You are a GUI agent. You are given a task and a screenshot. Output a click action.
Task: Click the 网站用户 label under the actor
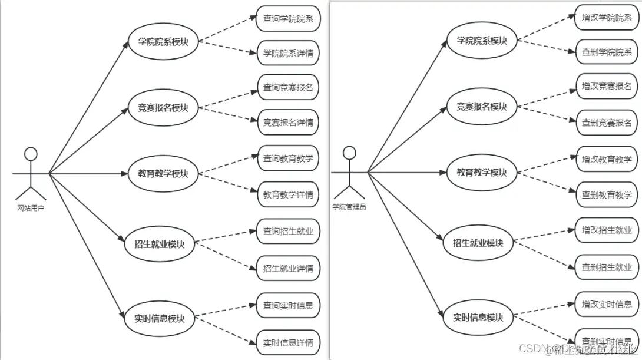(31, 207)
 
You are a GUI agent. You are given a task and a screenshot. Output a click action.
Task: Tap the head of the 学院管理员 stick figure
(349, 153)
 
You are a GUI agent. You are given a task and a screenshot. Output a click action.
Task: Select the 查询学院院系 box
(288, 19)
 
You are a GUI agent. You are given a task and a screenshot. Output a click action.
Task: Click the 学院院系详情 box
(288, 53)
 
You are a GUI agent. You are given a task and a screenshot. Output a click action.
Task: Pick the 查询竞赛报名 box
(288, 87)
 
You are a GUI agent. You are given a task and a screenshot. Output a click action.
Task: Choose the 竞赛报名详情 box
(288, 122)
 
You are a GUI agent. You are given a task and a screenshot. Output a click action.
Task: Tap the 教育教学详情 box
(288, 194)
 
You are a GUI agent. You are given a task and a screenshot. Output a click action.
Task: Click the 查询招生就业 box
(288, 231)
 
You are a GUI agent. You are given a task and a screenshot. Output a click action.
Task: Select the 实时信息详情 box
(288, 342)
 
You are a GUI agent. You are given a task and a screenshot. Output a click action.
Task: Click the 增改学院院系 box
(607, 18)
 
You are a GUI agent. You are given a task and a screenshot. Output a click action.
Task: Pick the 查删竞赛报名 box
(607, 122)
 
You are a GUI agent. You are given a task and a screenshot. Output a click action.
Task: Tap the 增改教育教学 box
(607, 159)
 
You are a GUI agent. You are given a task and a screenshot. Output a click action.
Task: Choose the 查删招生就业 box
(607, 267)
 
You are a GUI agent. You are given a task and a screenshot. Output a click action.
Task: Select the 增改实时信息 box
(607, 304)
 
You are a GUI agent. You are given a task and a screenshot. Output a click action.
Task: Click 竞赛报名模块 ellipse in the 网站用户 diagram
(163, 108)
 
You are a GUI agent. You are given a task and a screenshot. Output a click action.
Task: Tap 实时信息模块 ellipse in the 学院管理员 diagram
(478, 316)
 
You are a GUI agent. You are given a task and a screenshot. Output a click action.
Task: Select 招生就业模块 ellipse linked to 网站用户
(155, 243)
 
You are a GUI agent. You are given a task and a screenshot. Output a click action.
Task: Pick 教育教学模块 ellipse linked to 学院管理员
(482, 172)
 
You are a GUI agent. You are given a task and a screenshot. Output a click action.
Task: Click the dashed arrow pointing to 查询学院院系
(227, 31)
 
